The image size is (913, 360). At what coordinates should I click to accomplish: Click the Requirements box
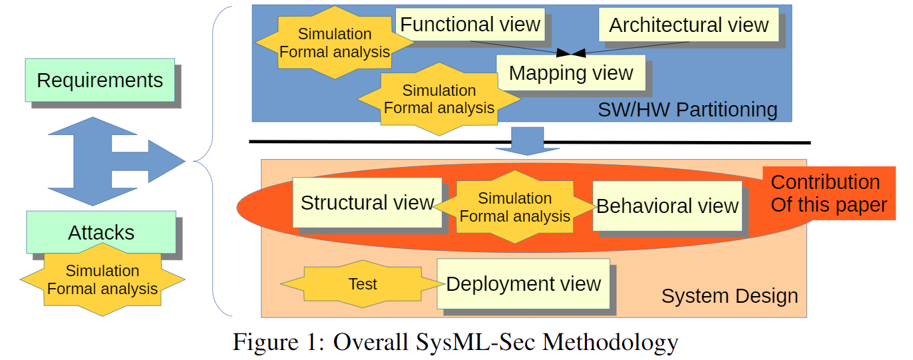(100, 80)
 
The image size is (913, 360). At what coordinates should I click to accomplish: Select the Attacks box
(101, 232)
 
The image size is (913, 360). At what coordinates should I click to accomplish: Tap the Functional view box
(470, 25)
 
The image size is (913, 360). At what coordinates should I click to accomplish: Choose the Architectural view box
(689, 25)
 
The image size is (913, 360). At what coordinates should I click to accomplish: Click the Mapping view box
(570, 73)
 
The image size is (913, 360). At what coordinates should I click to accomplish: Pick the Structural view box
(367, 202)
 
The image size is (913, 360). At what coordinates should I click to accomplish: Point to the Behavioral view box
(667, 206)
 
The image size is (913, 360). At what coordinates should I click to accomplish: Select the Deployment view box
(523, 283)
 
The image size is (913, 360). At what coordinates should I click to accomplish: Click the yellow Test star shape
(363, 284)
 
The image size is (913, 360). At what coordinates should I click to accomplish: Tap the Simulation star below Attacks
(102, 280)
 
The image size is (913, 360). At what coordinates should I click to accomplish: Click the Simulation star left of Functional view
(335, 43)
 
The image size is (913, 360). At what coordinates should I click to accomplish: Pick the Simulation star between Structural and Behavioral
(514, 207)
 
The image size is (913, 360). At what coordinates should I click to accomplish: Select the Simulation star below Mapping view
(439, 99)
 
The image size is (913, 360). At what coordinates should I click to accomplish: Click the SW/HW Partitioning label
(687, 109)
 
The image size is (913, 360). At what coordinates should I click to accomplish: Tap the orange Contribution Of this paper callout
(828, 193)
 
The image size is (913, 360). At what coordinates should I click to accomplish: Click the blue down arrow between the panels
(528, 140)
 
